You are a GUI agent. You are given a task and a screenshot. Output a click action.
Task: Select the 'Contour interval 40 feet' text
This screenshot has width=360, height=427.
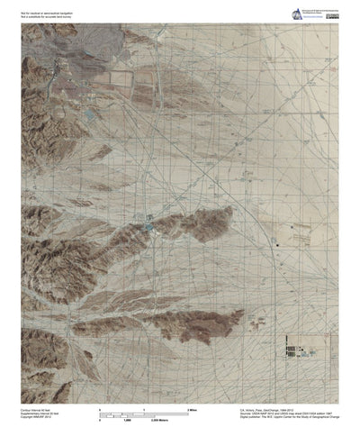pos(36,409)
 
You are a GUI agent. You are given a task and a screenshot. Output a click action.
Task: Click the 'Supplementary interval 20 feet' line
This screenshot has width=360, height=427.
pos(40,413)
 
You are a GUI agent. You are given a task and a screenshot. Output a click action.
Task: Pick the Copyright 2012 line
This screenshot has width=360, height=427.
pos(37,418)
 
